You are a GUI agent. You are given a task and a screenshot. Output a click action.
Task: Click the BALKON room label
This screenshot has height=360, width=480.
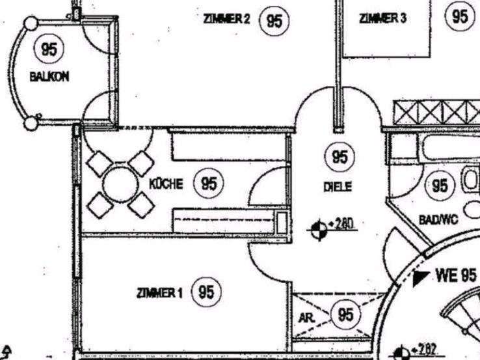coord(49,76)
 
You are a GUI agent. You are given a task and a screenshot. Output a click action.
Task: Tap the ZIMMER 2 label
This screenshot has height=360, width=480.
coord(226,20)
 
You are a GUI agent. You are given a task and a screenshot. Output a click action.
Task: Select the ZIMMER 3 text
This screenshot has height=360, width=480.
coord(382,18)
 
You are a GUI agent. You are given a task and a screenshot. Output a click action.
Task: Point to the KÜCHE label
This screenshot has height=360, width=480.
coord(166,184)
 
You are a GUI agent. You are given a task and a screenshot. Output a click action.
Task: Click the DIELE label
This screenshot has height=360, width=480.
coord(338,187)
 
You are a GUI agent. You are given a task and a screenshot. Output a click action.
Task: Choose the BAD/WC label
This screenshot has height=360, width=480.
coord(438,220)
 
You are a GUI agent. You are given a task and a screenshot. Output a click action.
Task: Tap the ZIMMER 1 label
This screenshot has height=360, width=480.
coord(160,293)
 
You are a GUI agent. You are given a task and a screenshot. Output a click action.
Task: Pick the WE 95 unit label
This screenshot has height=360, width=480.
coord(456,275)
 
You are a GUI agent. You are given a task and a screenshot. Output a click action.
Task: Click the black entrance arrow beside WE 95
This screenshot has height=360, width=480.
coord(421,278)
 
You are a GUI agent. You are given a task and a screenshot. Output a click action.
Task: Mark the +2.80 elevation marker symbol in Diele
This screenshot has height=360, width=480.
coord(319,230)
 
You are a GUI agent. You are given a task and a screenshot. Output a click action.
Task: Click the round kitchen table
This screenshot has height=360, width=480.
coord(121,184)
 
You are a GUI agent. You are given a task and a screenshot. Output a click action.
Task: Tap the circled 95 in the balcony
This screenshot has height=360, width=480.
coord(49,49)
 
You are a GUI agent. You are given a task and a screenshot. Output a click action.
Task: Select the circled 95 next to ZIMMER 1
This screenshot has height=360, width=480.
coord(206,292)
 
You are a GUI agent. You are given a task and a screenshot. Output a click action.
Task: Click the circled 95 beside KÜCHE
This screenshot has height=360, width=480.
coord(209,184)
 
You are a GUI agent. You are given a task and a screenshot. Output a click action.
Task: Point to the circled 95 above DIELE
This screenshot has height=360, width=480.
coord(339,157)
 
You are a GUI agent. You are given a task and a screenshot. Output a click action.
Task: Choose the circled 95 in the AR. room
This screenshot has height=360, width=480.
coord(345,315)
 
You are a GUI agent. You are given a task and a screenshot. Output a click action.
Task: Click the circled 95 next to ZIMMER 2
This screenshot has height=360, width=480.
coord(274,20)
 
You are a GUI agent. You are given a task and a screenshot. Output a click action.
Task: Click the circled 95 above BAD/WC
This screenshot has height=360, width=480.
coord(440,186)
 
